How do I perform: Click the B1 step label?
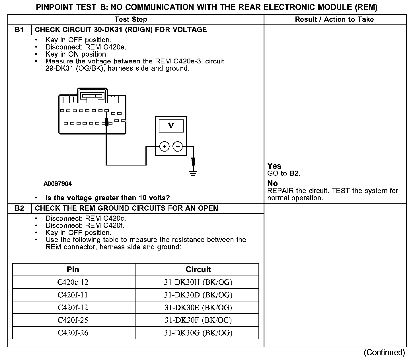click(x=19, y=30)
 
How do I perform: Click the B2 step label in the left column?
click(x=19, y=208)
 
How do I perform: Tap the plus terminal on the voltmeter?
click(x=164, y=146)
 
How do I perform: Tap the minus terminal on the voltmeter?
click(x=178, y=146)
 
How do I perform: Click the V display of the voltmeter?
click(x=171, y=126)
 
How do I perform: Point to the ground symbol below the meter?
click(x=194, y=173)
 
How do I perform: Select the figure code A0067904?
click(x=58, y=184)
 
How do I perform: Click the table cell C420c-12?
click(x=73, y=282)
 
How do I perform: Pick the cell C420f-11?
click(x=73, y=295)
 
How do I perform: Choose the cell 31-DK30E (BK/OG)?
click(x=198, y=308)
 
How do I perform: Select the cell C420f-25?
click(x=73, y=320)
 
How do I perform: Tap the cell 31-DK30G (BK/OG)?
click(x=198, y=333)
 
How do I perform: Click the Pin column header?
click(x=73, y=270)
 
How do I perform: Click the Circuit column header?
click(x=198, y=270)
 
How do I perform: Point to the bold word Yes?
click(x=274, y=166)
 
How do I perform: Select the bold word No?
click(x=273, y=183)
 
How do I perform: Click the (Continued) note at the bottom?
click(x=384, y=353)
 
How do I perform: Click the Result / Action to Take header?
click(x=334, y=20)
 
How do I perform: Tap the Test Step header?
click(x=131, y=20)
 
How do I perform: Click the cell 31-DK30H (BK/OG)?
click(x=198, y=282)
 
